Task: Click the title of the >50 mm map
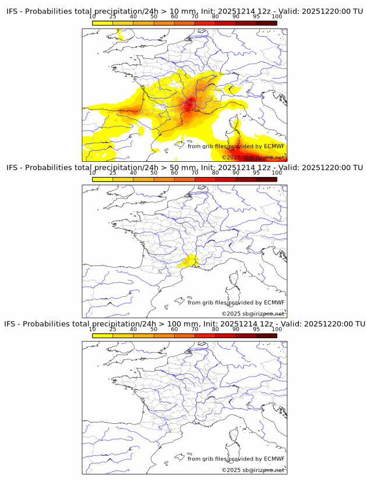184,168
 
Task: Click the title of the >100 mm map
184,324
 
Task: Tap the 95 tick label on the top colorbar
256,17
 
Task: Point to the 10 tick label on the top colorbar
93,17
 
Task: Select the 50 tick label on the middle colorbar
154,173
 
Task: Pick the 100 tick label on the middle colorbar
277,173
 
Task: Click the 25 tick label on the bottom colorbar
113,329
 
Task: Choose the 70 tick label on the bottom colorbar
195,329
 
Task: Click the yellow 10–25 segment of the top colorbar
103,23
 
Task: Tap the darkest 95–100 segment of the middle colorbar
266,179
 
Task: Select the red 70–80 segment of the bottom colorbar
204,335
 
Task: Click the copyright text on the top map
253,158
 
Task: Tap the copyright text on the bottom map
253,470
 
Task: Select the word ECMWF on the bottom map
274,459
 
